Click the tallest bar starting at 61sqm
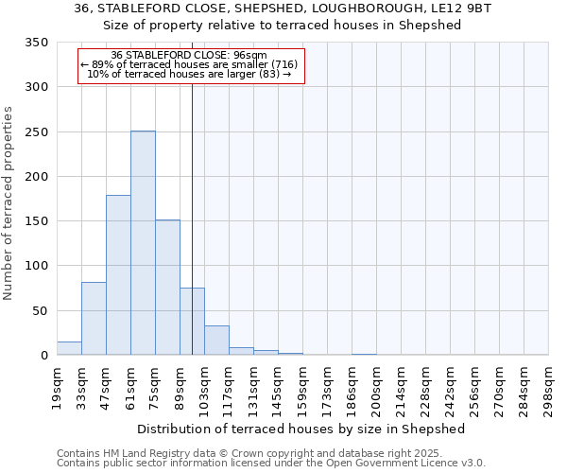(143, 243)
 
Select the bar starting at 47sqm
(118, 275)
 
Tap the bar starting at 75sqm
(167, 288)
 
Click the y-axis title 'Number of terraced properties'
(9, 202)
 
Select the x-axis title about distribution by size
(301, 429)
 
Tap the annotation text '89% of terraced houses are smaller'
(190, 64)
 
